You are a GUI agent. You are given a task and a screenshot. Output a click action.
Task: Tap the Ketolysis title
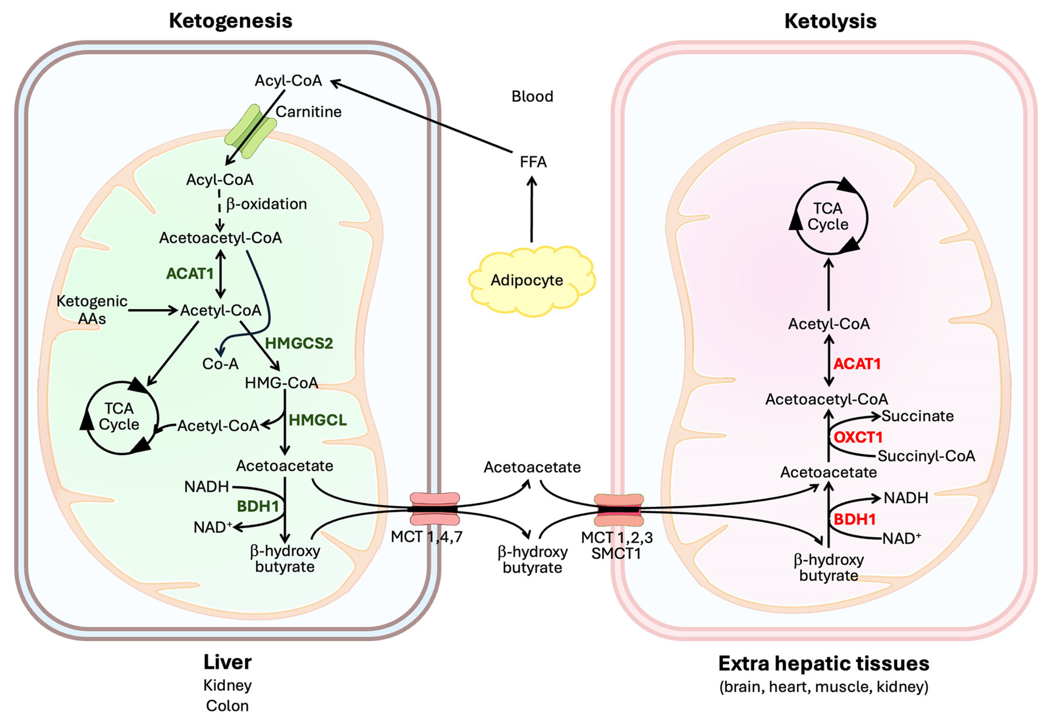830,21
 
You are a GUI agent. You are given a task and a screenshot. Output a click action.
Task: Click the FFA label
533,162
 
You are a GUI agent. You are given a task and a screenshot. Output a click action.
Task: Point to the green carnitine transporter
250,132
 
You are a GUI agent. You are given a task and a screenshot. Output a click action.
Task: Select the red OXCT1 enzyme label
858,437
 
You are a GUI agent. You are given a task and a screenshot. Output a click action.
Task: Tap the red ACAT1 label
857,364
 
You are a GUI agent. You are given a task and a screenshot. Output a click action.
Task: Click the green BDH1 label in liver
258,506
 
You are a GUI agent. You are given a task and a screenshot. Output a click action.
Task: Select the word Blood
532,96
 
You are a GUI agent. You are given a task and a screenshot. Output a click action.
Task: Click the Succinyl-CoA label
926,456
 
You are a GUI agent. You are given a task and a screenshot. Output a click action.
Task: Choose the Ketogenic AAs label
92,309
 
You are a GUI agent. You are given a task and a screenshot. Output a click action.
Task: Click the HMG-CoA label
281,383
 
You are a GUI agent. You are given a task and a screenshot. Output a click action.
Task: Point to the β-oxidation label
266,204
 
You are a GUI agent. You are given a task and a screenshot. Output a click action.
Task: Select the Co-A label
220,364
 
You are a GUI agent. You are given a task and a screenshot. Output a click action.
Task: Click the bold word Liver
227,662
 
